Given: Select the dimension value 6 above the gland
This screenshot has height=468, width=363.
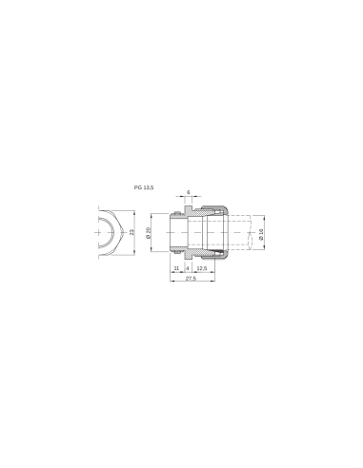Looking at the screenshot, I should (189, 193).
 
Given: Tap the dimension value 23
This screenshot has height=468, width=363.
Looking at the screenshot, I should (133, 231).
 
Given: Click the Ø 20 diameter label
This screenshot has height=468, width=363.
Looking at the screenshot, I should (151, 232).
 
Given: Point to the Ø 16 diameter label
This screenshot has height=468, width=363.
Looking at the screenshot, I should (261, 232).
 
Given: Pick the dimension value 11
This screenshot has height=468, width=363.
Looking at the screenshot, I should (177, 269).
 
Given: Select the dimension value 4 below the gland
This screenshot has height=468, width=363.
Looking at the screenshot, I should (188, 269).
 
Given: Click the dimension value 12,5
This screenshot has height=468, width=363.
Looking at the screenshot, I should (202, 269).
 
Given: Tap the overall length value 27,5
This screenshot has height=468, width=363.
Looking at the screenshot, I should (191, 280).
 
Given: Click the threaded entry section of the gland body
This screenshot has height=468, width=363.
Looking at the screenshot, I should (177, 232).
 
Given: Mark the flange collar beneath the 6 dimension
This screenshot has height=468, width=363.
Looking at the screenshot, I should (188, 209).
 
